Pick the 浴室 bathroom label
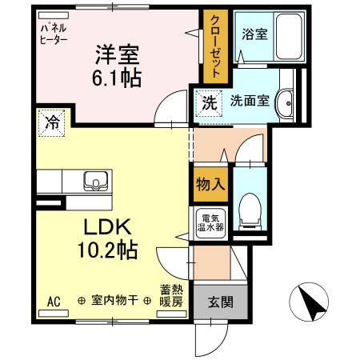click(254, 34)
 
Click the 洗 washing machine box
click(208, 102)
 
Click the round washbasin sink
click(286, 101)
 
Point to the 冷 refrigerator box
click(51, 123)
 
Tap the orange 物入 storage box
click(209, 185)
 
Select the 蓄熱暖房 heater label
click(170, 296)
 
